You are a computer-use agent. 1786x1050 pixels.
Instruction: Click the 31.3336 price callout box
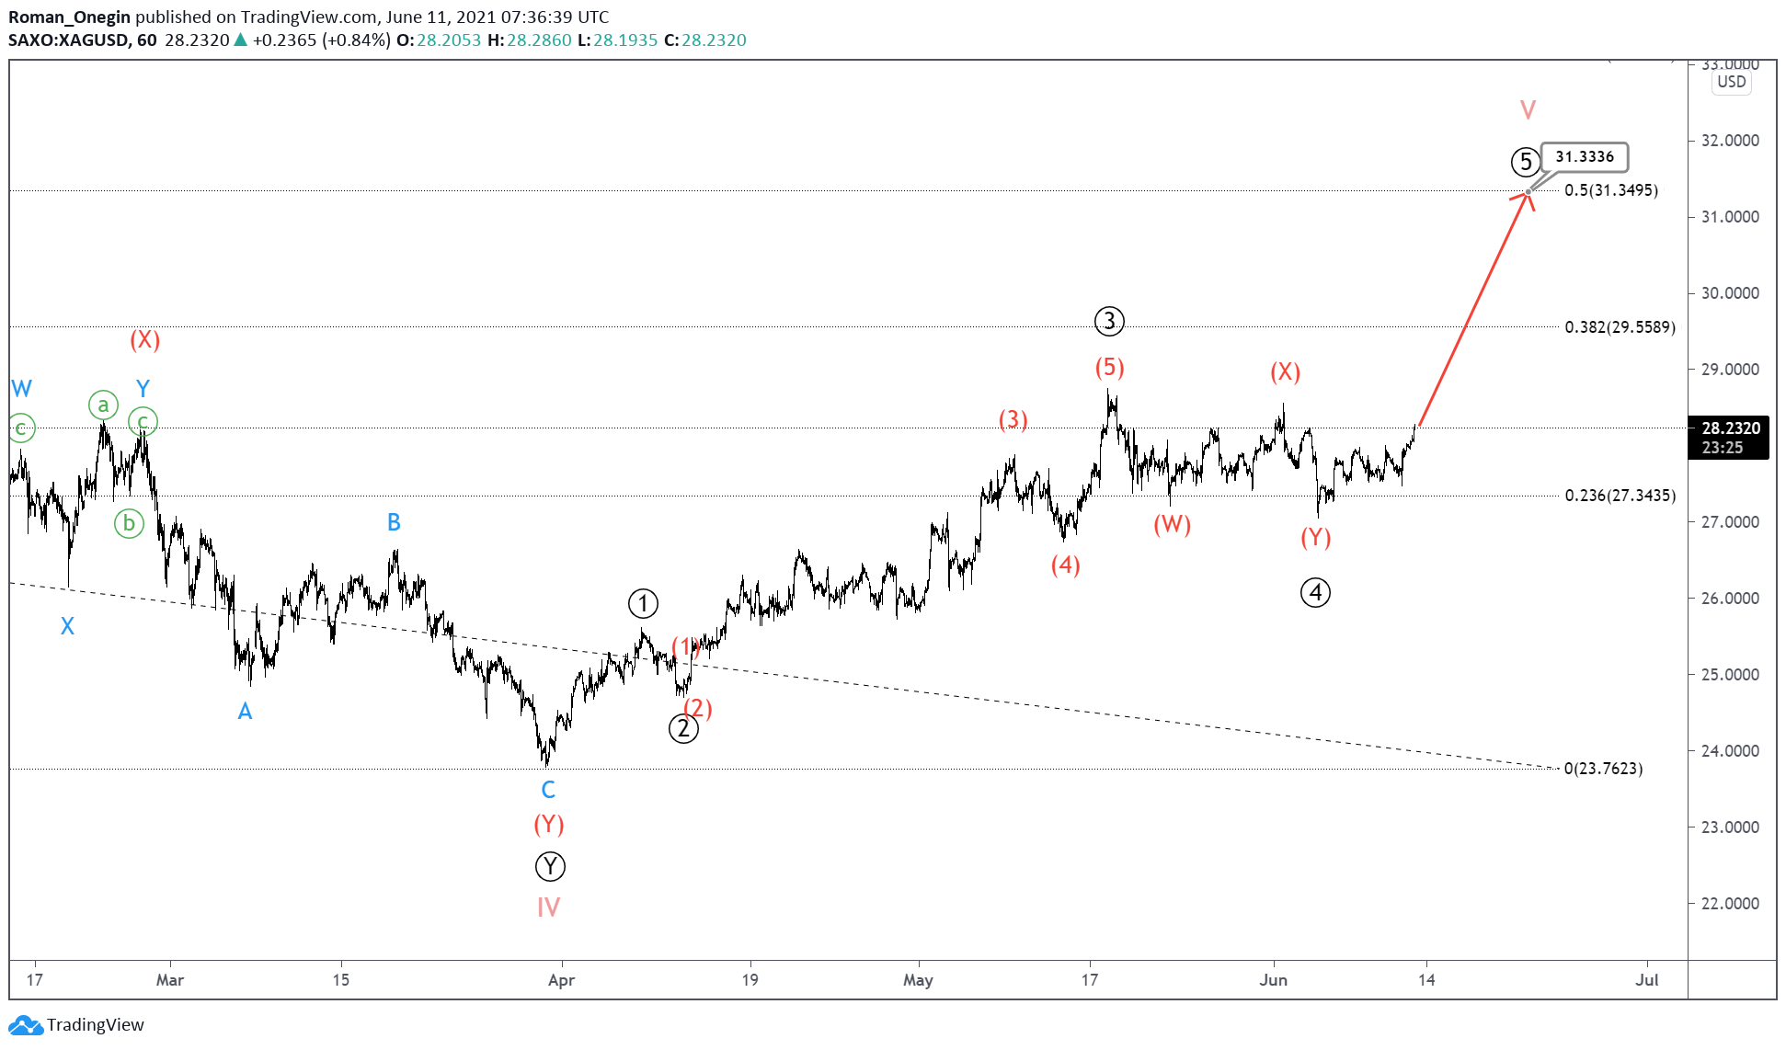coord(1584,157)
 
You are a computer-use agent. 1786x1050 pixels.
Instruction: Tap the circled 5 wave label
coord(1526,163)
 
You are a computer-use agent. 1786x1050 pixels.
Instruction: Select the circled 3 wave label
coord(1109,321)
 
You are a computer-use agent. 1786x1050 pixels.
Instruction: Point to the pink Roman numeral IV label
coord(548,907)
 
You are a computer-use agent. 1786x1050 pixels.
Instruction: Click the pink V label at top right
coord(1528,110)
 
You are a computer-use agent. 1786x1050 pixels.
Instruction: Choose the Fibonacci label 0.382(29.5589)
coord(1620,327)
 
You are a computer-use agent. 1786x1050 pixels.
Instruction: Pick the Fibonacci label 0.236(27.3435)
coord(1620,496)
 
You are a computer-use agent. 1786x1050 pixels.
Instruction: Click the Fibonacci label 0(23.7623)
coord(1603,769)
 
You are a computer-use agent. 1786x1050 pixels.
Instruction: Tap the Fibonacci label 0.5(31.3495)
coord(1611,190)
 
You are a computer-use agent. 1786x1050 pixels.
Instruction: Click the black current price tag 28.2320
coord(1729,437)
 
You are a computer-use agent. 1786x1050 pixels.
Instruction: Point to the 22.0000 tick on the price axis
coord(1730,903)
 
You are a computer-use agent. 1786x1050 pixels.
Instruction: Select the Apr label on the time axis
coord(561,980)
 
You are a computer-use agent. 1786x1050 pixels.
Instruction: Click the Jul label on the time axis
coord(1646,980)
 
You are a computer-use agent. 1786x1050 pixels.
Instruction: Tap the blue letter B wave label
coord(394,522)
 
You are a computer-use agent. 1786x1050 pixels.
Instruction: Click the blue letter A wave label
coord(245,711)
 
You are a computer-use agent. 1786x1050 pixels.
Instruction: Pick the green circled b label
coord(129,523)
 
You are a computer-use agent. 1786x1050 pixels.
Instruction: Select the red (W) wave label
coord(1172,524)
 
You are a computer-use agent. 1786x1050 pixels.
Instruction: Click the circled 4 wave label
coord(1315,593)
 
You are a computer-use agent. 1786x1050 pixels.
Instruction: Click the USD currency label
coord(1731,82)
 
